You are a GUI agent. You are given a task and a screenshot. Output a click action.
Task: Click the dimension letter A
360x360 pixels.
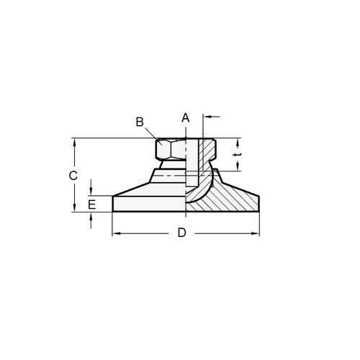click(x=185, y=117)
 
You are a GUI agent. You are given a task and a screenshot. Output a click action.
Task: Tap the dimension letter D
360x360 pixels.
click(x=182, y=233)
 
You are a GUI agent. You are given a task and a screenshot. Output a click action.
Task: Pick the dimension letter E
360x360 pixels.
click(x=91, y=204)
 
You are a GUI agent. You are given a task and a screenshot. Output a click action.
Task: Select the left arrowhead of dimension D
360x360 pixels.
click(x=117, y=233)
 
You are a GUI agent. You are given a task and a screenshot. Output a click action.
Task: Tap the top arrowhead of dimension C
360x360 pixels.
click(x=75, y=142)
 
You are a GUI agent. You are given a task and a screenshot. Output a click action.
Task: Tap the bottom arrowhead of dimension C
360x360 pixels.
click(x=75, y=208)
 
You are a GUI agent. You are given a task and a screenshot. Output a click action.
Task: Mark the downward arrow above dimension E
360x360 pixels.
click(x=91, y=192)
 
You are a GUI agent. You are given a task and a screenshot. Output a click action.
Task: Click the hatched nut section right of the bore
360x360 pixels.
click(x=207, y=150)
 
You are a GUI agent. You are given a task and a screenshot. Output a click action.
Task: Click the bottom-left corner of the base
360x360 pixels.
click(x=114, y=212)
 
